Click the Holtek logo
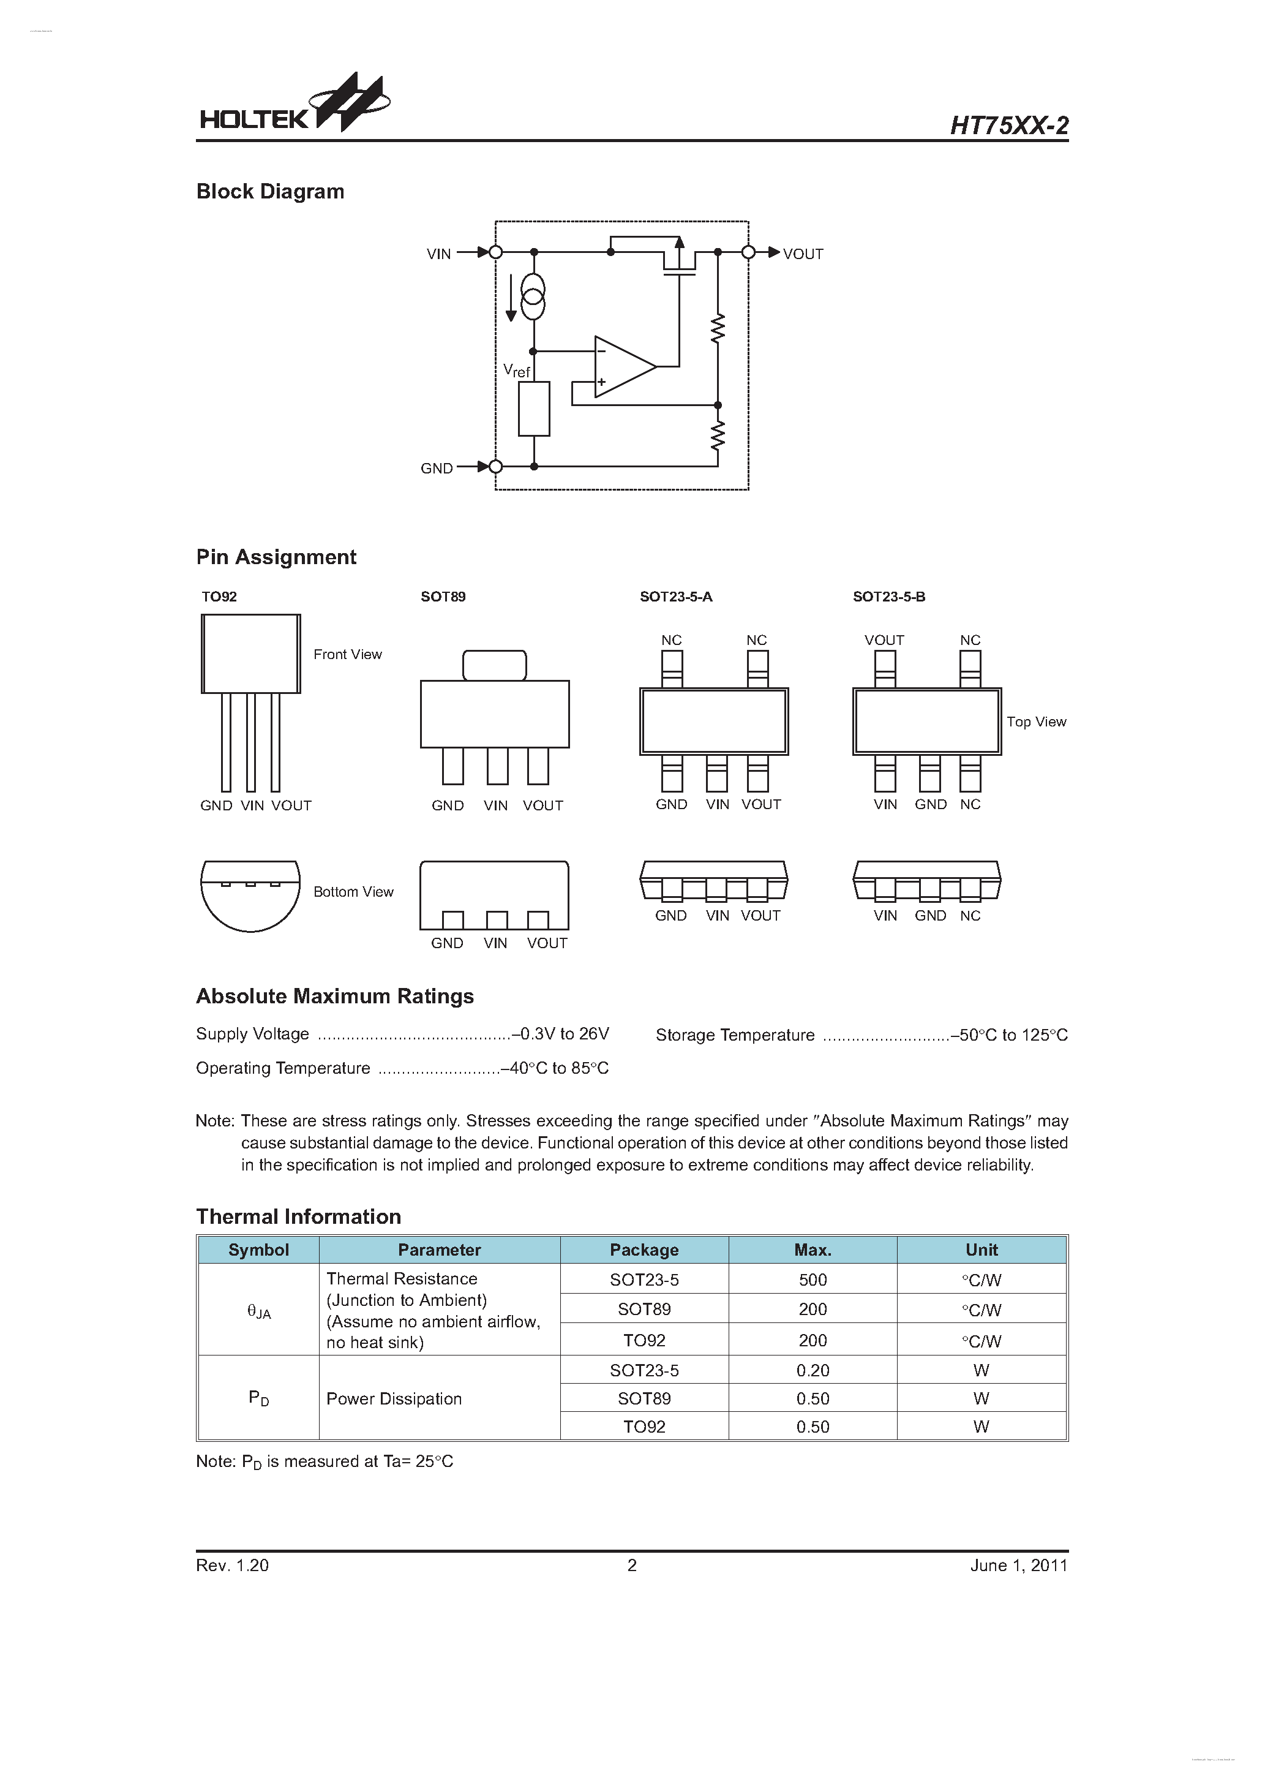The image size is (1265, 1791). [293, 105]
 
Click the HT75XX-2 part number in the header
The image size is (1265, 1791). [1008, 126]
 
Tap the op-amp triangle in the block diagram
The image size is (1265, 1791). [622, 367]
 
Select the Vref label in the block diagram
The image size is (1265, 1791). [516, 371]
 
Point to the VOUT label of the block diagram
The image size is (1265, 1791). [803, 254]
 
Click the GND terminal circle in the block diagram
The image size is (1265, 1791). [495, 467]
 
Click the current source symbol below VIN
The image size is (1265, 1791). [533, 297]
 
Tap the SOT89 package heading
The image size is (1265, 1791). [443, 597]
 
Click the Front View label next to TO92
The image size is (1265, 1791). [347, 654]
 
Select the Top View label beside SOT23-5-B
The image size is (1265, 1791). [1036, 722]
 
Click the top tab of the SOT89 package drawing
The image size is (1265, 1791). [495, 665]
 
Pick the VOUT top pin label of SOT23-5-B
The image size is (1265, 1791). [884, 641]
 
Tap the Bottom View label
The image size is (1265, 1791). [353, 892]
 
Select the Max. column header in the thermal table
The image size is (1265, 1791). [812, 1250]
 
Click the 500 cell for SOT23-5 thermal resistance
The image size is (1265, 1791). [812, 1280]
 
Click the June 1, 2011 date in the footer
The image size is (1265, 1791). [1018, 1565]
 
